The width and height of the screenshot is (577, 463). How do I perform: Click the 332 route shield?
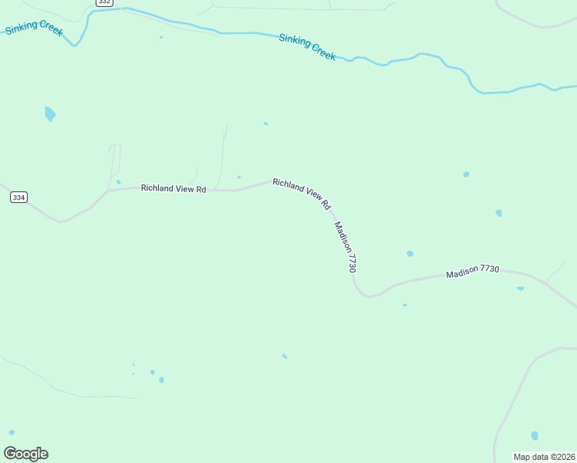click(105, 3)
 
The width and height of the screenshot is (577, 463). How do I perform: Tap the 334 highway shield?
click(19, 198)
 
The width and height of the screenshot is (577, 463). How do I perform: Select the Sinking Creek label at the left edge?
click(34, 30)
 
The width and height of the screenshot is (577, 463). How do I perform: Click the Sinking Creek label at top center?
click(308, 46)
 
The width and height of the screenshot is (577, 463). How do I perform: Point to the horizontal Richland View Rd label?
click(174, 188)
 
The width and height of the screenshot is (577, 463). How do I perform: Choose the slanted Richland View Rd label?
click(302, 194)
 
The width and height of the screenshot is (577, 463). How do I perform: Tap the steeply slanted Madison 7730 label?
click(345, 247)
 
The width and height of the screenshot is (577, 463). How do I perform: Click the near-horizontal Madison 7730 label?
click(473, 272)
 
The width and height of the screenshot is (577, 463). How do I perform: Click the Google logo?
click(25, 454)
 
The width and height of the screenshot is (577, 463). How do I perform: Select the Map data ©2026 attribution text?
click(544, 457)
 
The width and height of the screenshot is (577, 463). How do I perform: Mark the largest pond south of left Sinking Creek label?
click(50, 114)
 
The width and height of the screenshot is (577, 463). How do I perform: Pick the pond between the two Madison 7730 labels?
click(410, 253)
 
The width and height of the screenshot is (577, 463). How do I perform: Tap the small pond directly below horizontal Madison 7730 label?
click(521, 289)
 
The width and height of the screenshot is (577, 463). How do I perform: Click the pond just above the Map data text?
click(535, 436)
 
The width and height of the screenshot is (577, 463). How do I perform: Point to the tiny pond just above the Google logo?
click(12, 432)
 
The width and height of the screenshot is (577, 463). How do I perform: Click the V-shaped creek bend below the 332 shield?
click(75, 44)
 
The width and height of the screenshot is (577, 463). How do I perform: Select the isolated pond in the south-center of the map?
click(285, 357)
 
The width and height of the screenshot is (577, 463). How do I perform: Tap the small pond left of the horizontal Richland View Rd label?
click(118, 182)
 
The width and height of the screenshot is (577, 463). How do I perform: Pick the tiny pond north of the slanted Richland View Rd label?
click(265, 123)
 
